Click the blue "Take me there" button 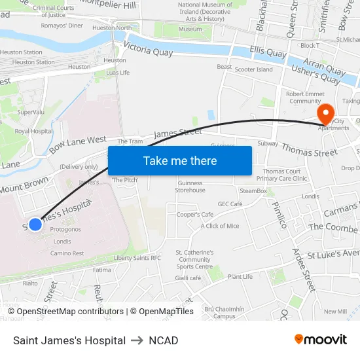point(180,161)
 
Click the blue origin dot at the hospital point(35,225)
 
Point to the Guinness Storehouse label point(190,187)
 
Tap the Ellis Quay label point(268,53)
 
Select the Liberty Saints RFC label point(137,258)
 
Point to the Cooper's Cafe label point(195,215)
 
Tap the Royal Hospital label point(33,131)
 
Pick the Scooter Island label point(254,69)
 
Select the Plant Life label point(240,277)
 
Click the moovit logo point(320,340)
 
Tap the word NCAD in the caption point(163,340)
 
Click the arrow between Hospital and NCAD point(137,340)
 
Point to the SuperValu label point(30,112)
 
